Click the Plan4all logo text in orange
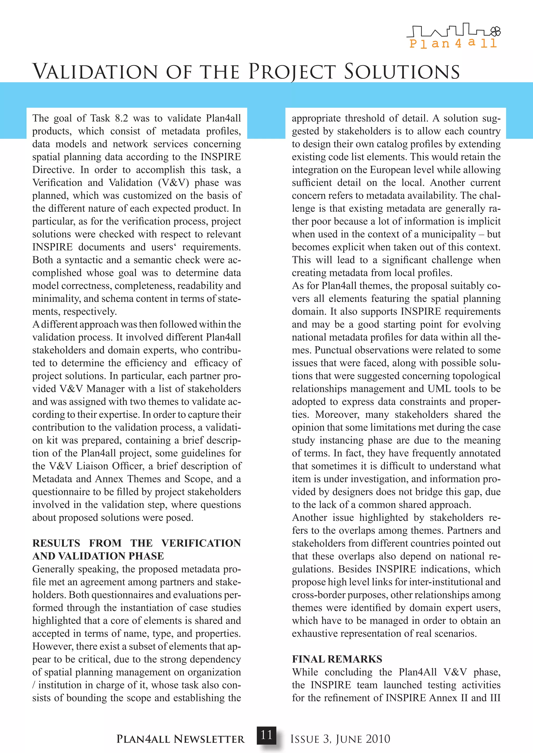pyautogui.click(x=453, y=43)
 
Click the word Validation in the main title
pyautogui.click(x=95, y=72)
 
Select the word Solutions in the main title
pyautogui.click(x=402, y=72)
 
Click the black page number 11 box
pyautogui.click(x=266, y=735)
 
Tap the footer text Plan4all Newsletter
pyautogui.click(x=181, y=739)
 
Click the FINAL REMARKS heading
pyautogui.click(x=337, y=659)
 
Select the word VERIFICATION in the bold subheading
pyautogui.click(x=201, y=543)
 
